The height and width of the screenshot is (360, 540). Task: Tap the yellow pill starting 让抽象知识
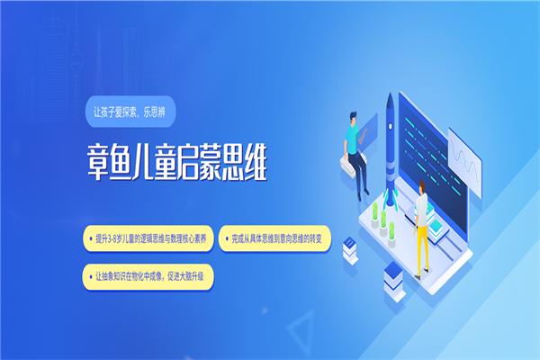pyautogui.click(x=148, y=275)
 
